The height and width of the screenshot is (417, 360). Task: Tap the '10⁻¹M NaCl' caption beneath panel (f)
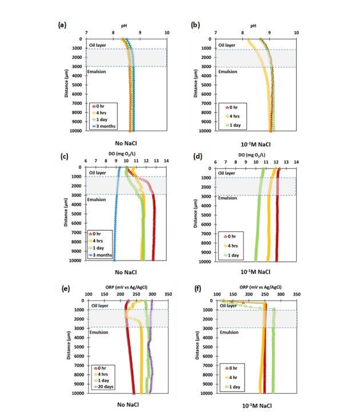pyautogui.click(x=256, y=405)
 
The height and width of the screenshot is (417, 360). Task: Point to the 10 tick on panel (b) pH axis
pyautogui.click(x=296, y=33)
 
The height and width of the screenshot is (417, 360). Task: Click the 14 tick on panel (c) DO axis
pyautogui.click(x=166, y=162)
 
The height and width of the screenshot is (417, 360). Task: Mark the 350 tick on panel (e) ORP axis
pyautogui.click(x=168, y=295)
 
